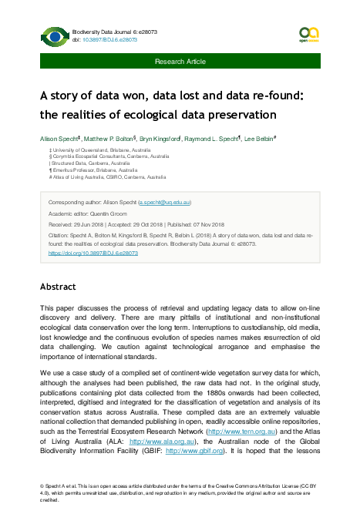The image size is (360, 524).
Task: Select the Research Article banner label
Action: [180, 61]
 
